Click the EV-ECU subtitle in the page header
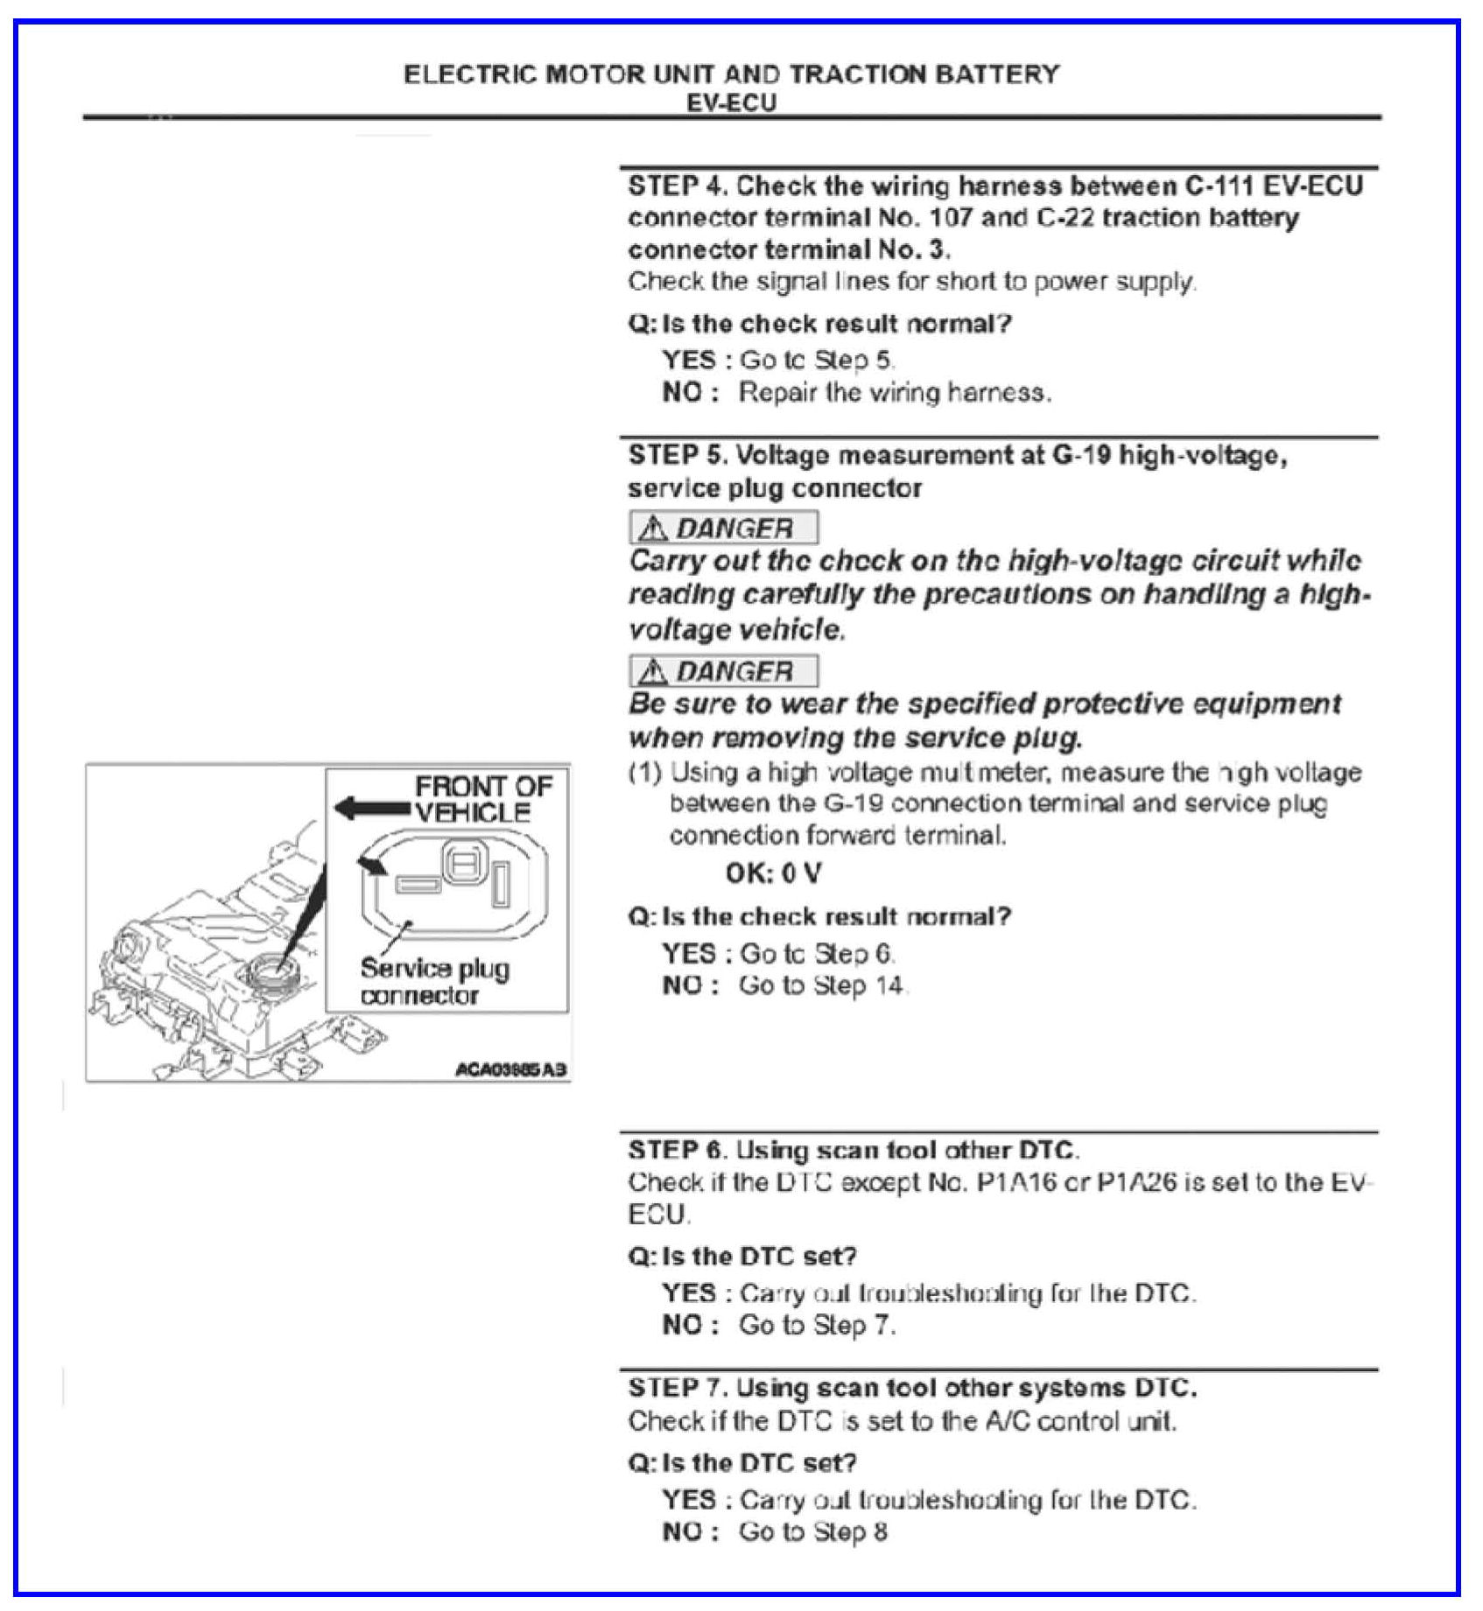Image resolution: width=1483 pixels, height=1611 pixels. click(x=731, y=103)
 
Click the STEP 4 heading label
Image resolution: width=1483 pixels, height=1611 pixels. click(x=678, y=186)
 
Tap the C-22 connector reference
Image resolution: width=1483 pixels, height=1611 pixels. click(x=1065, y=218)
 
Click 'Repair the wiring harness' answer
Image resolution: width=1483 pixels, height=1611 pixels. click(x=894, y=393)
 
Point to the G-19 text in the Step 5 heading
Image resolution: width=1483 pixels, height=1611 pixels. click(x=1082, y=456)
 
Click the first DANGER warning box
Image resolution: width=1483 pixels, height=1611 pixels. click(x=723, y=528)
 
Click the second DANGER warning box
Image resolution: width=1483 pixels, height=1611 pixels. click(x=723, y=671)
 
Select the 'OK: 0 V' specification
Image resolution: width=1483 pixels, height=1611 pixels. click(x=773, y=873)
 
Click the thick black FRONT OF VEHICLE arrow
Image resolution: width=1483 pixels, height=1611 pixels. click(x=372, y=809)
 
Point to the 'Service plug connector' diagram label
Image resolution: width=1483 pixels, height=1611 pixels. click(x=433, y=982)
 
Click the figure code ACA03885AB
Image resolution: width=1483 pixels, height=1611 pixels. click(x=510, y=1069)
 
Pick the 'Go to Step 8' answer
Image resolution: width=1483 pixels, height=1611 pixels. click(x=812, y=1532)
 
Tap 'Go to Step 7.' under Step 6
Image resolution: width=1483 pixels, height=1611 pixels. click(x=817, y=1326)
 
